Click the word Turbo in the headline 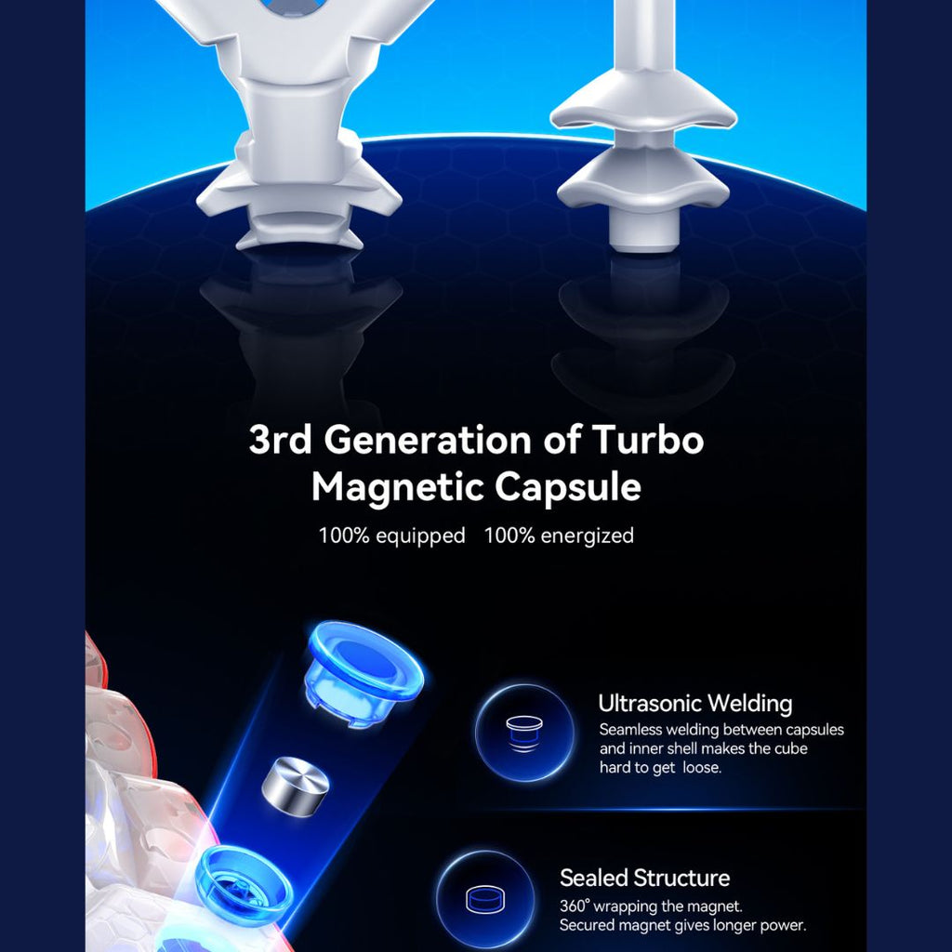point(647,439)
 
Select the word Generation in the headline point(428,439)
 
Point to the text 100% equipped point(391,535)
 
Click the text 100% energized point(559,535)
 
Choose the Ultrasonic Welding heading point(695,703)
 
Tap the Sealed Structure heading point(645,878)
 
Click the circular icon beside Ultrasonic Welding point(524,733)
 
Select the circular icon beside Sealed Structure point(485,899)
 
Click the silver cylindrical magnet point(295,787)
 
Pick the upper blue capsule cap point(362,673)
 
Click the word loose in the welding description point(703,767)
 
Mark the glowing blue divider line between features point(673,810)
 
